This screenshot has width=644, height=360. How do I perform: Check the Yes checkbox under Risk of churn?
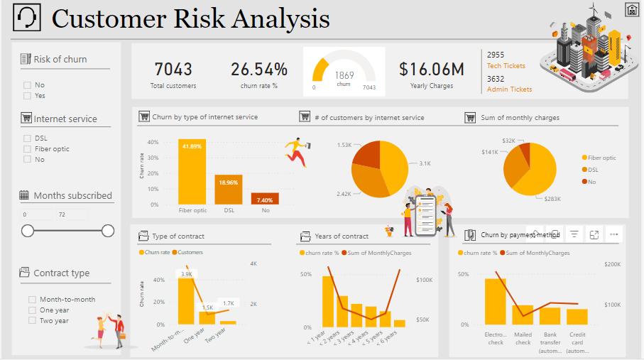(x=27, y=96)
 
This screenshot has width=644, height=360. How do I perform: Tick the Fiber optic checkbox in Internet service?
(x=27, y=149)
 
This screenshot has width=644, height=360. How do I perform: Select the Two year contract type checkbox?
(x=32, y=321)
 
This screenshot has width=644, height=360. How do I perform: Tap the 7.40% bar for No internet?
(x=265, y=199)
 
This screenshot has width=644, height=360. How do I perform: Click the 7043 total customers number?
(x=173, y=70)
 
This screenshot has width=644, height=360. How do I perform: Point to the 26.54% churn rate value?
(x=259, y=70)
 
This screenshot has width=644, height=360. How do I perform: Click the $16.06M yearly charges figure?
(x=431, y=70)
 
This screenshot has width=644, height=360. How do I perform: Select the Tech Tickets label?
(x=506, y=66)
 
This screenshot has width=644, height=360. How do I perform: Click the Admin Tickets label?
(x=509, y=89)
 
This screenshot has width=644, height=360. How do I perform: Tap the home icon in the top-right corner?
(x=631, y=9)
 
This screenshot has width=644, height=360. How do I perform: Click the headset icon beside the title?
(x=28, y=18)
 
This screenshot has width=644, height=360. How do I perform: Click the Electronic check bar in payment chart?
(x=495, y=302)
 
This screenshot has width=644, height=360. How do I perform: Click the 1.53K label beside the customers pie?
(x=344, y=146)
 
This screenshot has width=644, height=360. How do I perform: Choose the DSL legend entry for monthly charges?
(x=592, y=170)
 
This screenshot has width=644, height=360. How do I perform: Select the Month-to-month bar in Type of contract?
(x=186, y=301)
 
